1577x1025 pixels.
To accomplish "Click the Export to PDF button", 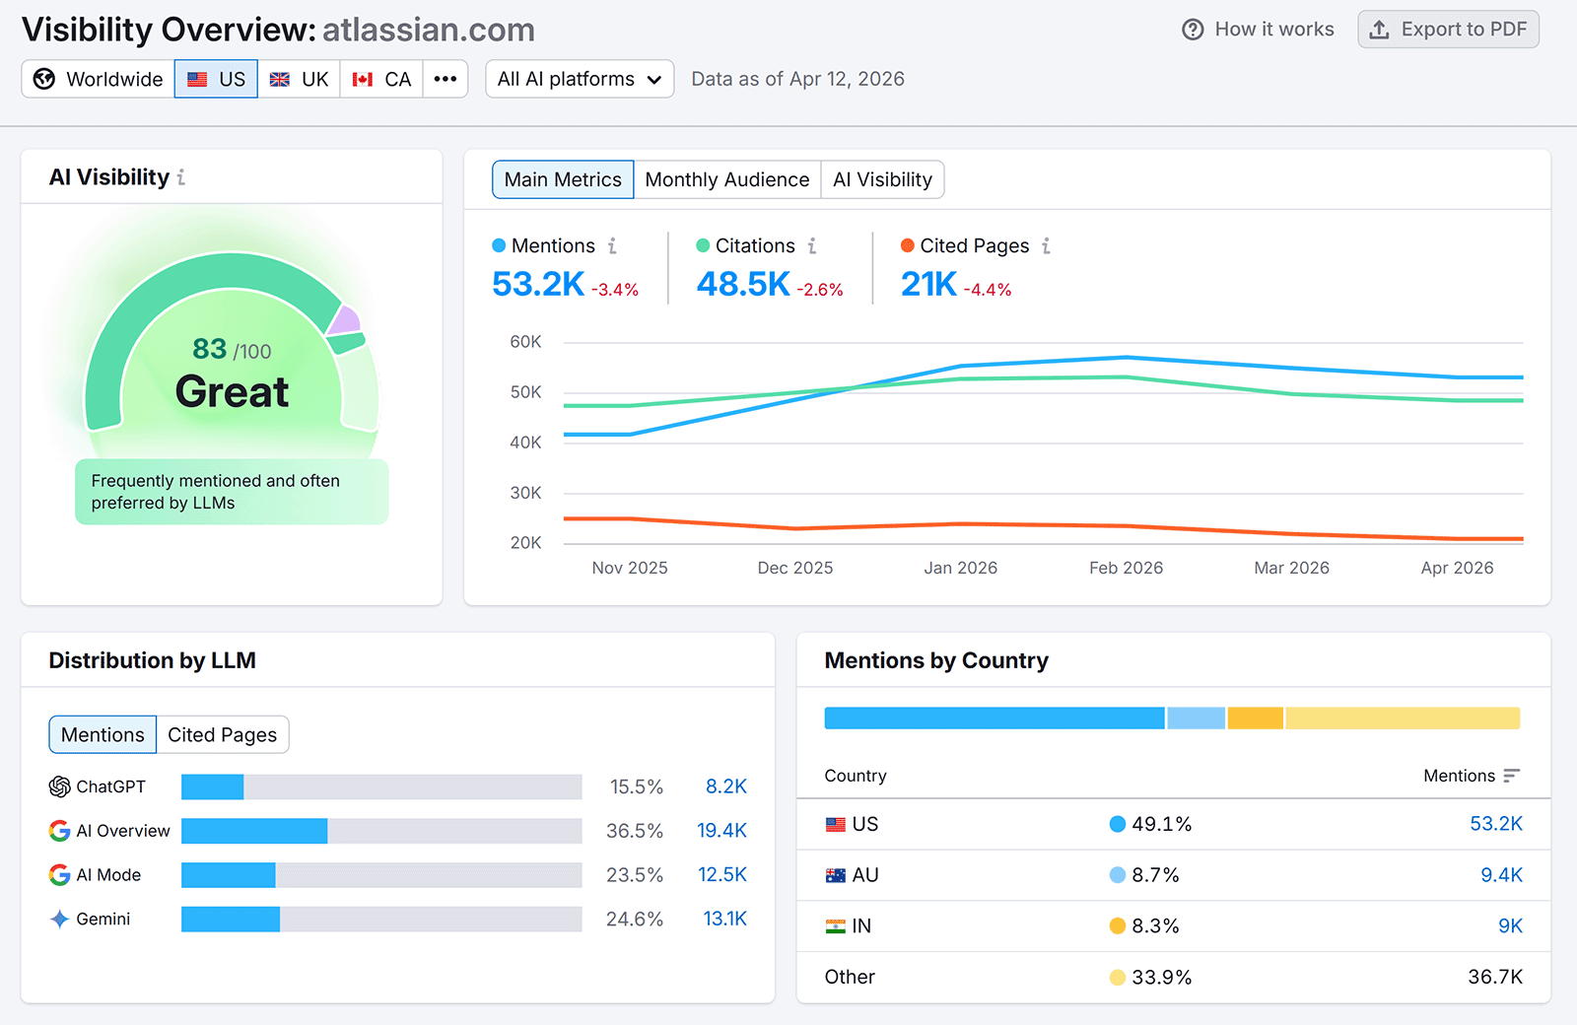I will [x=1448, y=30].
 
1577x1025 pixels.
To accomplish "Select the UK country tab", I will [x=300, y=79].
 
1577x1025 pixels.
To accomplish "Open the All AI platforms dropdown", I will [x=580, y=79].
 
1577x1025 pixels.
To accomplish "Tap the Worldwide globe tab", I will [x=99, y=79].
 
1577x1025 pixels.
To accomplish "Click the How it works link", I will [x=1258, y=30].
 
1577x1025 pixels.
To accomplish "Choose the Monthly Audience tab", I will [x=726, y=179].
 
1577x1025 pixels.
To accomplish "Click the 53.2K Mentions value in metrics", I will [x=538, y=284].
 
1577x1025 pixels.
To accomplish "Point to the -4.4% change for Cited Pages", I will [x=988, y=290].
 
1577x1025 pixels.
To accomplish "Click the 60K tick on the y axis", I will [x=525, y=342].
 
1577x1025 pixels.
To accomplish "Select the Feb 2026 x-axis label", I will [x=1126, y=568].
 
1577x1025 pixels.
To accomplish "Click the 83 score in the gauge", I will [x=210, y=349].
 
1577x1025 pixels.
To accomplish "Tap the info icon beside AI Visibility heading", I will [x=181, y=177].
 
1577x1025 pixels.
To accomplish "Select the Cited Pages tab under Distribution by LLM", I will [x=222, y=735].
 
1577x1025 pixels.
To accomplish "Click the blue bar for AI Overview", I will [x=254, y=831].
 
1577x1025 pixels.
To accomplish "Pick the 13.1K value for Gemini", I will [x=724, y=919].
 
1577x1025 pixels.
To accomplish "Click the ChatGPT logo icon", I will [x=60, y=786].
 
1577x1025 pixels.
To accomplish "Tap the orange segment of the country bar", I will [x=1255, y=718].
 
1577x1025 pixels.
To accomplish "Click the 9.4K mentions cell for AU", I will [x=1501, y=875].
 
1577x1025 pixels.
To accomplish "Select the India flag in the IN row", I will [x=836, y=926].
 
